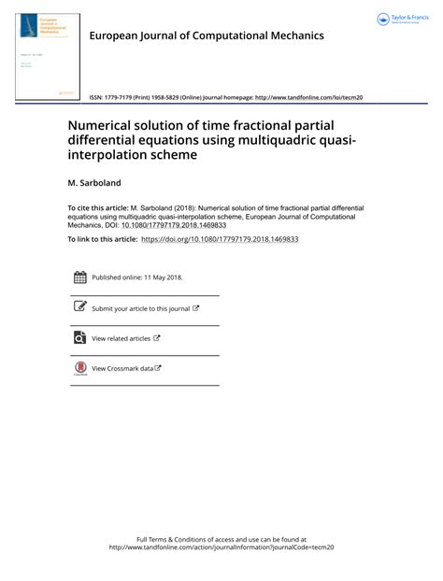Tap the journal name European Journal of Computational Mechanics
(x=206, y=35)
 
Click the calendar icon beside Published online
(x=79, y=277)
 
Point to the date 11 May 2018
(x=161, y=277)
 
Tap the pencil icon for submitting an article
(x=79, y=307)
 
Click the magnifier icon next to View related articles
(x=79, y=338)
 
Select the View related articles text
(x=121, y=338)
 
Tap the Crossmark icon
(x=79, y=368)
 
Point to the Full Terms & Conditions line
(x=221, y=539)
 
